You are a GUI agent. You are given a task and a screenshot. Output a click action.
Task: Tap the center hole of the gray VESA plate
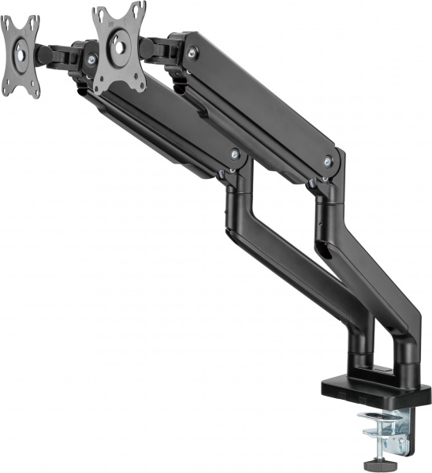tap(120, 45)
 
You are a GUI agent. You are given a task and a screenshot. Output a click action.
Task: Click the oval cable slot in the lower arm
tap(324, 253)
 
